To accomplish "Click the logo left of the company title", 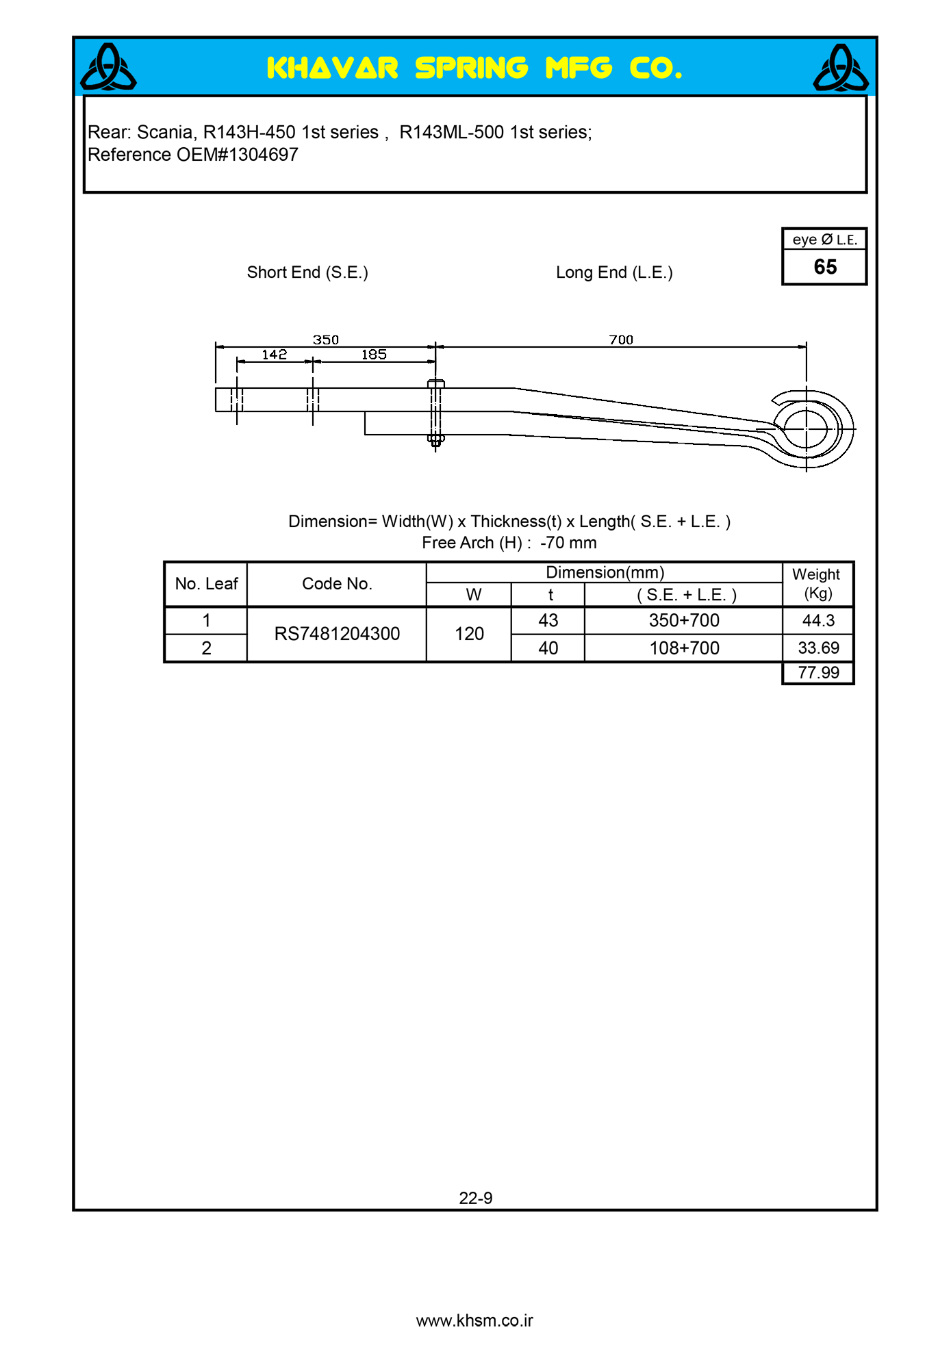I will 108,67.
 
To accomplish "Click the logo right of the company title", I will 841,67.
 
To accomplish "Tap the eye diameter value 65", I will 825,267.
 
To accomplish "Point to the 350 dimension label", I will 326,340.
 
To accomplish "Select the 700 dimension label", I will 621,340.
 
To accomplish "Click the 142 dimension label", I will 275,355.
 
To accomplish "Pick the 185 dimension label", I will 374,355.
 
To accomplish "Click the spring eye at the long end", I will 807,428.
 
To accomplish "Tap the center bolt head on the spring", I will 435,383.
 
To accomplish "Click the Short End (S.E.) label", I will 307,272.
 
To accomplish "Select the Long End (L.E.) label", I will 614,272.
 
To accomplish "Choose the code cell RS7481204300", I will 337,634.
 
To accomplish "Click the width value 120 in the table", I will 469,634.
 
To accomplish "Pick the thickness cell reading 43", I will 548,620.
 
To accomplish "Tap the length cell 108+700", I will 684,648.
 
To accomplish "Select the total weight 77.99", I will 818,673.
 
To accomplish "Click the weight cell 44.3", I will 818,620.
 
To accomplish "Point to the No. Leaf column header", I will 206,584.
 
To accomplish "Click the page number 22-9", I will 475,1198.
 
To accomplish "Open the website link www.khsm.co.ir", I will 474,1320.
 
